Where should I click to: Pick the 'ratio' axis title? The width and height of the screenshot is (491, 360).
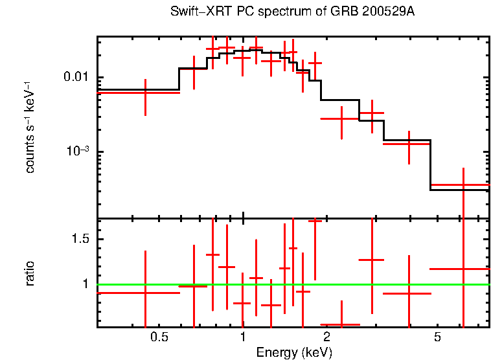coord(30,273)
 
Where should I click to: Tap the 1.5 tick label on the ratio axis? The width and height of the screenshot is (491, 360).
coord(80,239)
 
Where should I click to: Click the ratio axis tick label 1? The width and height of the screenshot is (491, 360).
coord(86,284)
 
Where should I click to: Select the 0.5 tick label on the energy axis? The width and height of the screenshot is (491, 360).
coord(159,337)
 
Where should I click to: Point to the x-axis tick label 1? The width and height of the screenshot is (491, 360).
coord(243,337)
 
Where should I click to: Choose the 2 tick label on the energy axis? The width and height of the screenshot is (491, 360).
coord(326,337)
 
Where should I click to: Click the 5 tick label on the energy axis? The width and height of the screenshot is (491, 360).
coord(437,337)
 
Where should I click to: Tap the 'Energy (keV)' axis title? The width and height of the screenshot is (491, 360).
coord(294,352)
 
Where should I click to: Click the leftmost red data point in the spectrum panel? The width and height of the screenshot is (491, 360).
coord(145,93)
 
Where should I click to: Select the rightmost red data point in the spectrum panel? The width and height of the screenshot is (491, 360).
coord(463,185)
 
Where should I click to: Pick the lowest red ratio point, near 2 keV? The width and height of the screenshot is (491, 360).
coord(341,324)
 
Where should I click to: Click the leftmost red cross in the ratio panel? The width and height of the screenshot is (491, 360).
coord(145,293)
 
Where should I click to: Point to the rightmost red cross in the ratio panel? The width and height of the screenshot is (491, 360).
coord(463,268)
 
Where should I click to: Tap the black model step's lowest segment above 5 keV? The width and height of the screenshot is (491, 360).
coord(459,190)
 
